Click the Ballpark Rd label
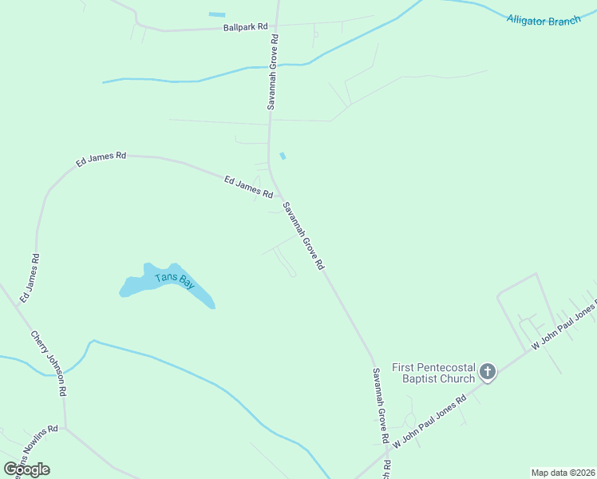pos(245,27)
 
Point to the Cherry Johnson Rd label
pos(49,365)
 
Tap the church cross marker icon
pos(487,372)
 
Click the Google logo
pos(27,469)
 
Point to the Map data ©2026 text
pos(563,473)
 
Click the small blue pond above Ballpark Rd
pos(216,14)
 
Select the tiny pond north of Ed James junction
pos(283,156)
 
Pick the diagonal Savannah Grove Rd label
pos(303,236)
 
